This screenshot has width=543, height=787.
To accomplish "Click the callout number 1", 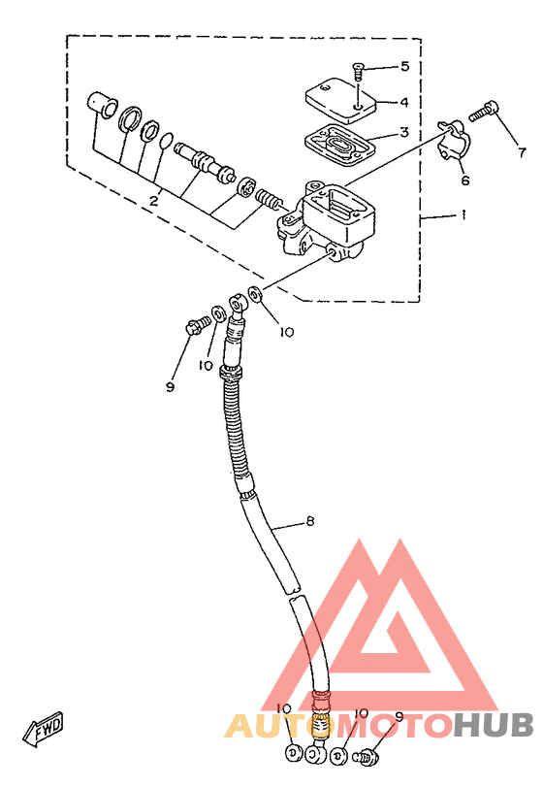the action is (x=463, y=214).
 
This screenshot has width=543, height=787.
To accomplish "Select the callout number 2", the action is (x=154, y=201).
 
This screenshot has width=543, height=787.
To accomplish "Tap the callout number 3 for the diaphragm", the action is (x=404, y=132).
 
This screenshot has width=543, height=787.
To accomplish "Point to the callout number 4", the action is (x=404, y=103).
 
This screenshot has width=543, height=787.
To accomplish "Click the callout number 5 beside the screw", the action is (x=404, y=66).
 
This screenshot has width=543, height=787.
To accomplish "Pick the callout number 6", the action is (x=465, y=180).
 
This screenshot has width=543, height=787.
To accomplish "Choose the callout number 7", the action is (x=522, y=151).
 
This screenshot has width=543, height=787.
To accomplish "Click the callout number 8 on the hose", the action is (x=310, y=521).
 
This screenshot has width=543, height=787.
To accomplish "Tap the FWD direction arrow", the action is (x=45, y=727).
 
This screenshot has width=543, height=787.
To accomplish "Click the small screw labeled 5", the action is (x=359, y=71).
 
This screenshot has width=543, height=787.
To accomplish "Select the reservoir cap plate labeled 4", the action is (x=341, y=100).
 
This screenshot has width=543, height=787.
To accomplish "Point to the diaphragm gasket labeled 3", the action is (x=340, y=144).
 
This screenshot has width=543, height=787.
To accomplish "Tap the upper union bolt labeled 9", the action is (x=198, y=324).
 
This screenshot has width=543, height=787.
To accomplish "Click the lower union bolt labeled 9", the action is (x=367, y=755).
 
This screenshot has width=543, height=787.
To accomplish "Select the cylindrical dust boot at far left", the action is (x=102, y=106).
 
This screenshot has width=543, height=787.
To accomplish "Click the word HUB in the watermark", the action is (x=494, y=725).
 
